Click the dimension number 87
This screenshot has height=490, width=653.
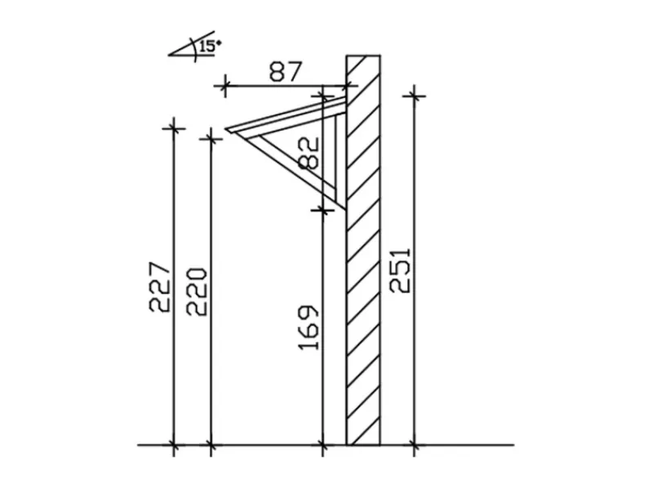point(285,72)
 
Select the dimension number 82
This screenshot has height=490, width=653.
point(310,154)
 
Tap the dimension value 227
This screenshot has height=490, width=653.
point(160,287)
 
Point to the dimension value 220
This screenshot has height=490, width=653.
point(197,292)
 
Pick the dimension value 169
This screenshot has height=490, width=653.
point(309,328)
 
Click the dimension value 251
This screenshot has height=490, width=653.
point(400,271)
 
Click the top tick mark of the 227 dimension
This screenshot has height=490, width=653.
point(174,128)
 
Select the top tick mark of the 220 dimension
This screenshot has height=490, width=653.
point(211,138)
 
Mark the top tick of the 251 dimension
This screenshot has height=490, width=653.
point(414,96)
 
